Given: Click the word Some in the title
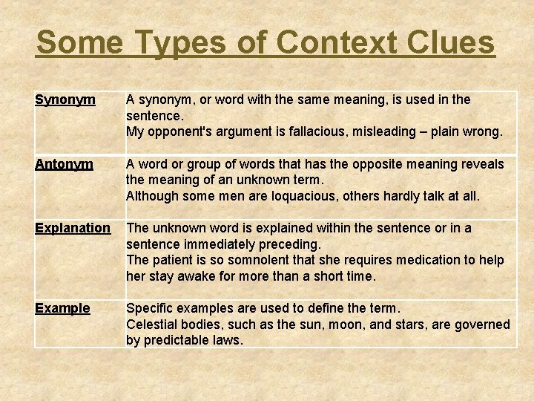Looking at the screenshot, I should (79, 43).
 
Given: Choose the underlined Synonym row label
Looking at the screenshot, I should (65, 100).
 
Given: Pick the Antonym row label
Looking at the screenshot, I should (64, 164).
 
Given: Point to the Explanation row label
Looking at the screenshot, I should (73, 228).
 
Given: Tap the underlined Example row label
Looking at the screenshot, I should (62, 308).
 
